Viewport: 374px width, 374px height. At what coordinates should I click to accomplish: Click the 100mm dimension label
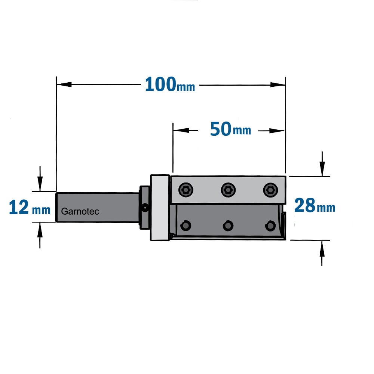170,85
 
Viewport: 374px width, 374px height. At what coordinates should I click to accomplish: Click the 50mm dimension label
230,129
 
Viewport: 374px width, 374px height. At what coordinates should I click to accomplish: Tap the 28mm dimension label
315,206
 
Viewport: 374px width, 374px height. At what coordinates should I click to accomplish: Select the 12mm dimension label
30,208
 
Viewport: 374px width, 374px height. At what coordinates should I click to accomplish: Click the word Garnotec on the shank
80,211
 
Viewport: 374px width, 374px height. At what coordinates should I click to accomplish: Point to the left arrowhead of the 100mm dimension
64,84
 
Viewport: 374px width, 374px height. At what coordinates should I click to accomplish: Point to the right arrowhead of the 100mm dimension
278,85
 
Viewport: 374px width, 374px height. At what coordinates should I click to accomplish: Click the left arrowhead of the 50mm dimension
181,130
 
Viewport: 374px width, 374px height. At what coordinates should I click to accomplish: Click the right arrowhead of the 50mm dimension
277,131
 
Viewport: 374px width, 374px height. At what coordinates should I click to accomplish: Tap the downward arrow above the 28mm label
322,164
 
